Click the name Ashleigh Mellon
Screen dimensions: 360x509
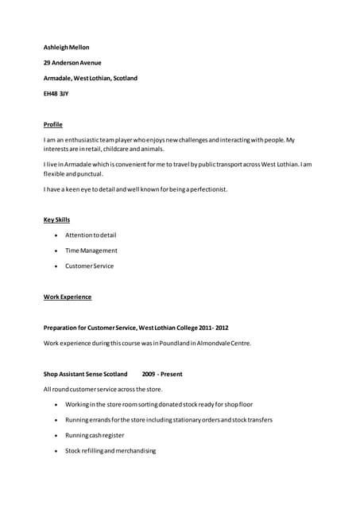[x=67, y=48]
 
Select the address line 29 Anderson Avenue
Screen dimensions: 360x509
[x=72, y=63]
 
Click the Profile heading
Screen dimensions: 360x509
[x=53, y=125]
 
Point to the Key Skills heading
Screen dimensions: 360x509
[x=57, y=220]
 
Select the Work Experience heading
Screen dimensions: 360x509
[x=68, y=297]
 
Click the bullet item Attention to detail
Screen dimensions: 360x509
[x=91, y=235]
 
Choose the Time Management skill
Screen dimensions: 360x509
[x=91, y=251]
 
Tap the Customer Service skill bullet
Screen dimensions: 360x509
[x=90, y=266]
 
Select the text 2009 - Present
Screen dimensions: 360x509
[x=162, y=374]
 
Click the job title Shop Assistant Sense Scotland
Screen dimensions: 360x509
[x=86, y=374]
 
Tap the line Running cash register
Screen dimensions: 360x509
[x=95, y=436]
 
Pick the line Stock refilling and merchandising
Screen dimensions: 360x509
[x=110, y=451]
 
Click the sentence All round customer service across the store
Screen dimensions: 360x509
[x=103, y=390]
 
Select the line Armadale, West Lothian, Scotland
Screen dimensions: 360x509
[x=91, y=79]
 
